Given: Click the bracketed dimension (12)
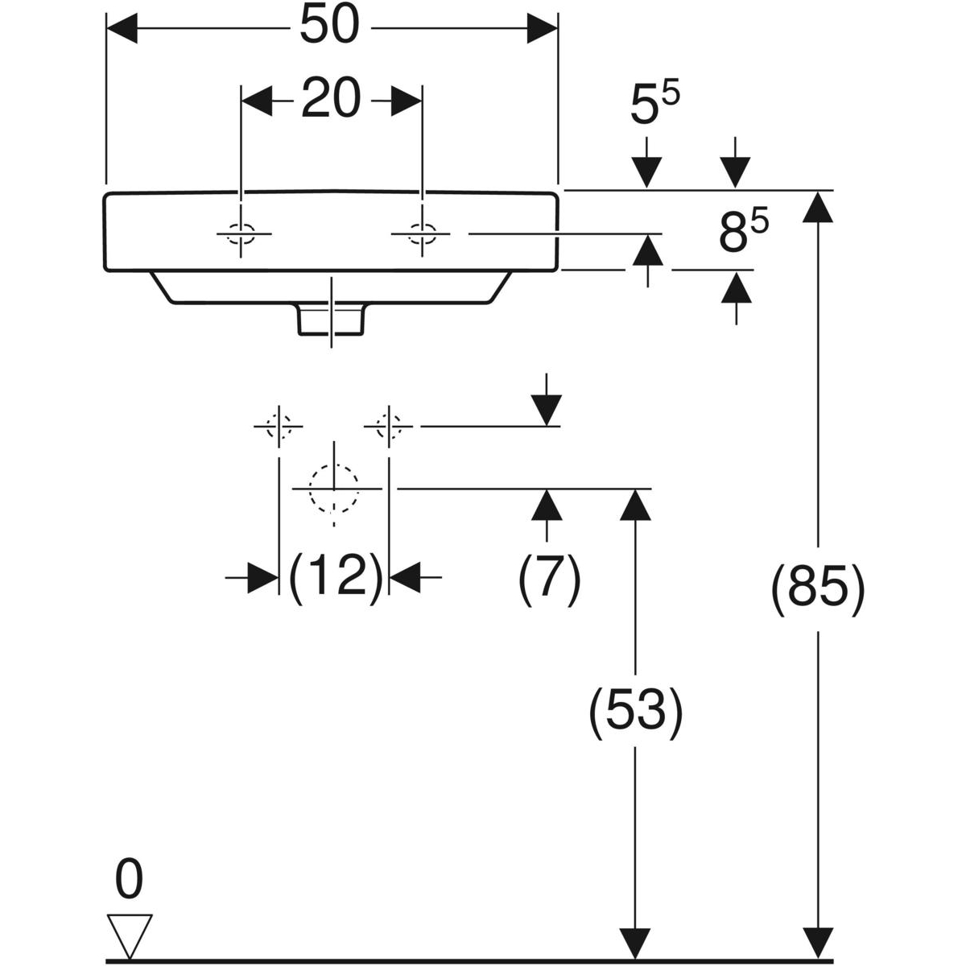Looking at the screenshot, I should (x=334, y=576).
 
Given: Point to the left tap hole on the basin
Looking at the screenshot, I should (x=240, y=235).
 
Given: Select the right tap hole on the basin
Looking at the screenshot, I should (x=421, y=235).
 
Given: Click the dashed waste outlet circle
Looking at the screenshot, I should (x=334, y=489).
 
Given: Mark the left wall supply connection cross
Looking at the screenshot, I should (x=279, y=425).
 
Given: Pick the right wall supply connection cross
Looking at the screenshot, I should (x=389, y=425).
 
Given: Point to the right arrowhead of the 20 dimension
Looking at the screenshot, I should (x=406, y=101).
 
